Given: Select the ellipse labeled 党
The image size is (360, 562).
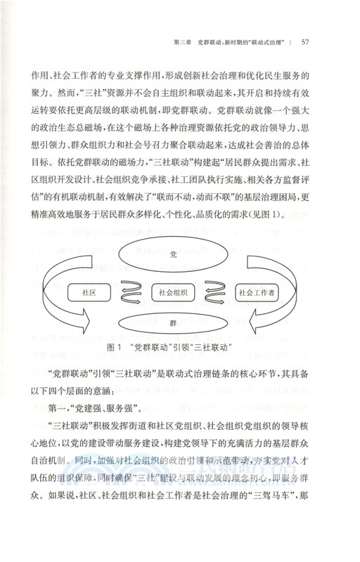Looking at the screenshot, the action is (x=174, y=254).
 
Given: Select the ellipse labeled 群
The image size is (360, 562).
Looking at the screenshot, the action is (x=173, y=322).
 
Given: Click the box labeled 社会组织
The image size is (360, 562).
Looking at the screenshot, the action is (x=173, y=290).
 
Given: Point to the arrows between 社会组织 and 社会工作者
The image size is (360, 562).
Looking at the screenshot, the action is (x=216, y=290).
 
